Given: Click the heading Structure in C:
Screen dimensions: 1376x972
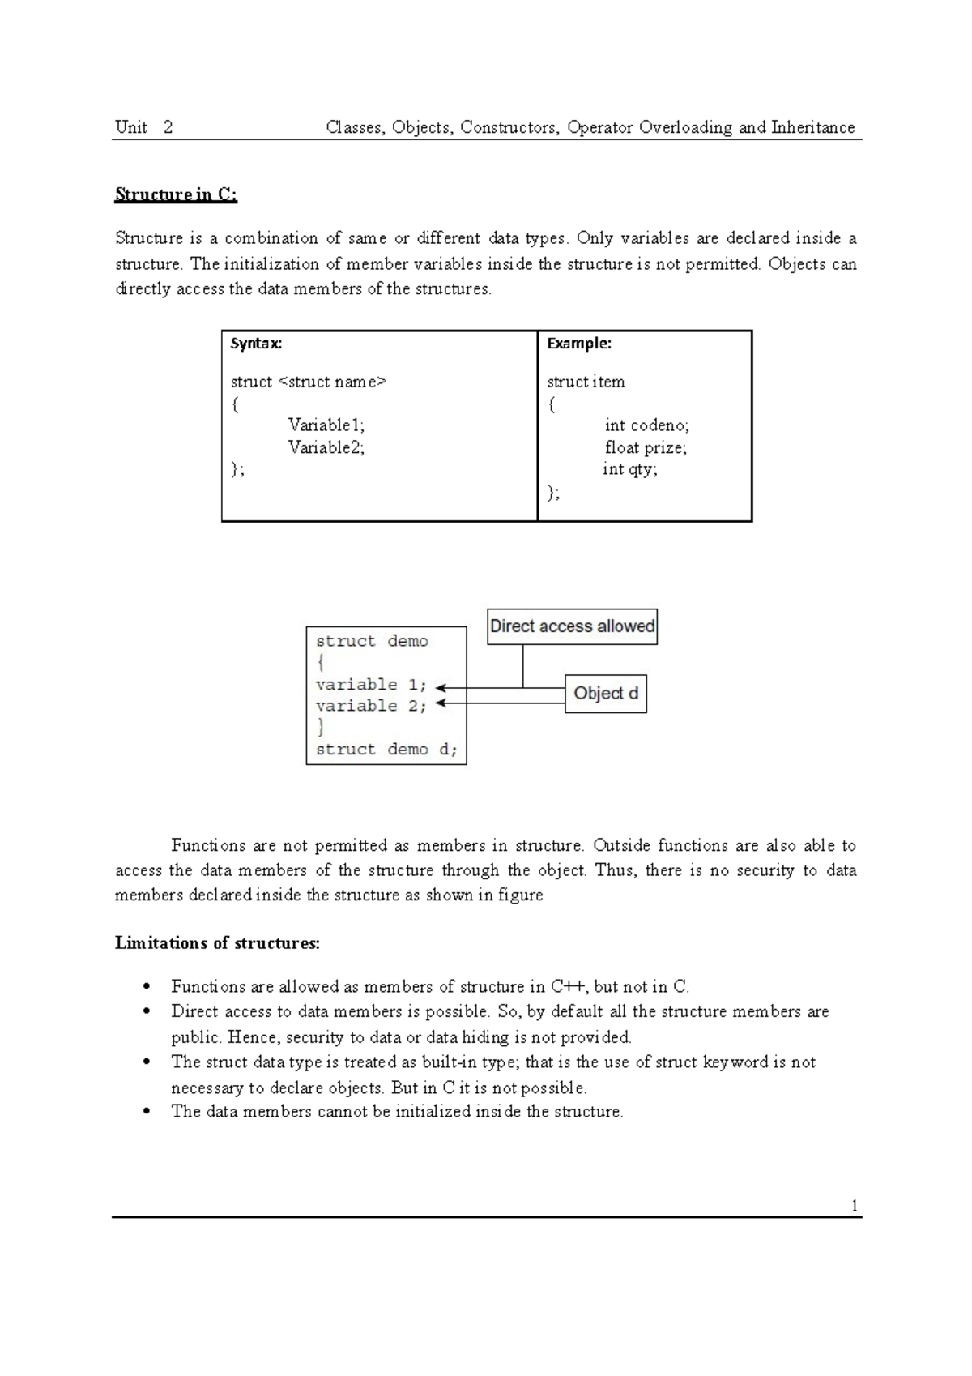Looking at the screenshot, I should point(176,194).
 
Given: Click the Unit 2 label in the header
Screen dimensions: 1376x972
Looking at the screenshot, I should point(143,127).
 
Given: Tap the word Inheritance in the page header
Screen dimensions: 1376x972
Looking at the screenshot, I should point(812,127).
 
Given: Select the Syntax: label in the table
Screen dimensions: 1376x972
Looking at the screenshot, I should point(256,344).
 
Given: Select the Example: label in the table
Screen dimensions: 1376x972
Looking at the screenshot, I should point(579,344).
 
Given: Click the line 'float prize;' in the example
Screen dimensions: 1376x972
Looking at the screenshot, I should point(646,447).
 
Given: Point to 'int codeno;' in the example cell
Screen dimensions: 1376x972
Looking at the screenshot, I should point(646,425).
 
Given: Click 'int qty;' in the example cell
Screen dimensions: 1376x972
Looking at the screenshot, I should point(630,469).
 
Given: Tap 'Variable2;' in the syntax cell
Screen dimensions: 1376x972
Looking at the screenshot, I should point(326,447).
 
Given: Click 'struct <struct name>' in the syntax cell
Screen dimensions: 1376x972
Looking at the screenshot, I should point(309,382).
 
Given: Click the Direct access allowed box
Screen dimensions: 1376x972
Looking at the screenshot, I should point(572,626).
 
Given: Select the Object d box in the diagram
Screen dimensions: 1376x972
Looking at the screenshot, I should point(605,694).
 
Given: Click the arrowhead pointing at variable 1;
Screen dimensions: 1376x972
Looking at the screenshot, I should point(440,687).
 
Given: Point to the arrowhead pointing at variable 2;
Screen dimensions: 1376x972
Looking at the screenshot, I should point(440,703).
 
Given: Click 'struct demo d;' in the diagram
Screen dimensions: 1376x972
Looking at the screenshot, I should point(386,750).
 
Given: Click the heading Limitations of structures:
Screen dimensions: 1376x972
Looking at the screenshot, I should point(217,943).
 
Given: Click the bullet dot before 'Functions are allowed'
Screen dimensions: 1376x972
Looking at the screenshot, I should point(147,987).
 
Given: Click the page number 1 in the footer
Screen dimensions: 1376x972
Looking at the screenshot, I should point(854,1206).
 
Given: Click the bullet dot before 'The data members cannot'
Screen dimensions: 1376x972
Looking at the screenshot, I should point(147,1112).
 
